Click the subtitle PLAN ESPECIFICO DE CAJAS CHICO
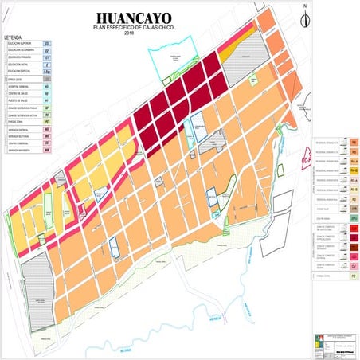(135, 28)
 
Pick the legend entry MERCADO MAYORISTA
(19, 151)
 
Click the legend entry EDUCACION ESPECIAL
(19, 72)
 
